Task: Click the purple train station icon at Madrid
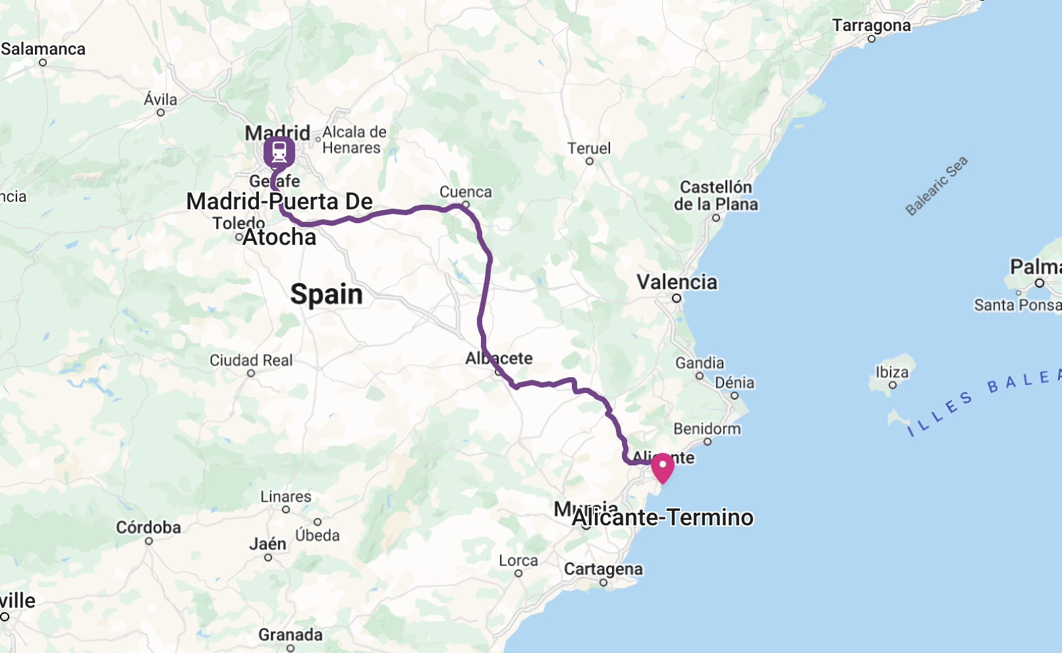[x=279, y=152]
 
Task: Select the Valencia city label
[x=677, y=282]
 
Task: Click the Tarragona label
[x=871, y=26]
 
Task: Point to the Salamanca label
[x=43, y=49]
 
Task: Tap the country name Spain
[x=326, y=294]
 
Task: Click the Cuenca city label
[x=465, y=192]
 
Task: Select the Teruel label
[x=589, y=148]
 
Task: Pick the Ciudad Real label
[x=251, y=360]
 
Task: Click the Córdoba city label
[x=148, y=527]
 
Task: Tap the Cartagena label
[x=603, y=569]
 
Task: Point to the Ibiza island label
[x=891, y=372]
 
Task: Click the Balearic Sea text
[x=936, y=186]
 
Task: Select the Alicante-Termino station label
[x=662, y=517]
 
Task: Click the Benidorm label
[x=707, y=429]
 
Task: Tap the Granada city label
[x=291, y=635]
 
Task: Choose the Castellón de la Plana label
[x=715, y=196]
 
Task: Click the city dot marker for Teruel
[x=590, y=161]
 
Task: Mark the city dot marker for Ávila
[x=161, y=113]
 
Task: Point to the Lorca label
[x=518, y=560]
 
